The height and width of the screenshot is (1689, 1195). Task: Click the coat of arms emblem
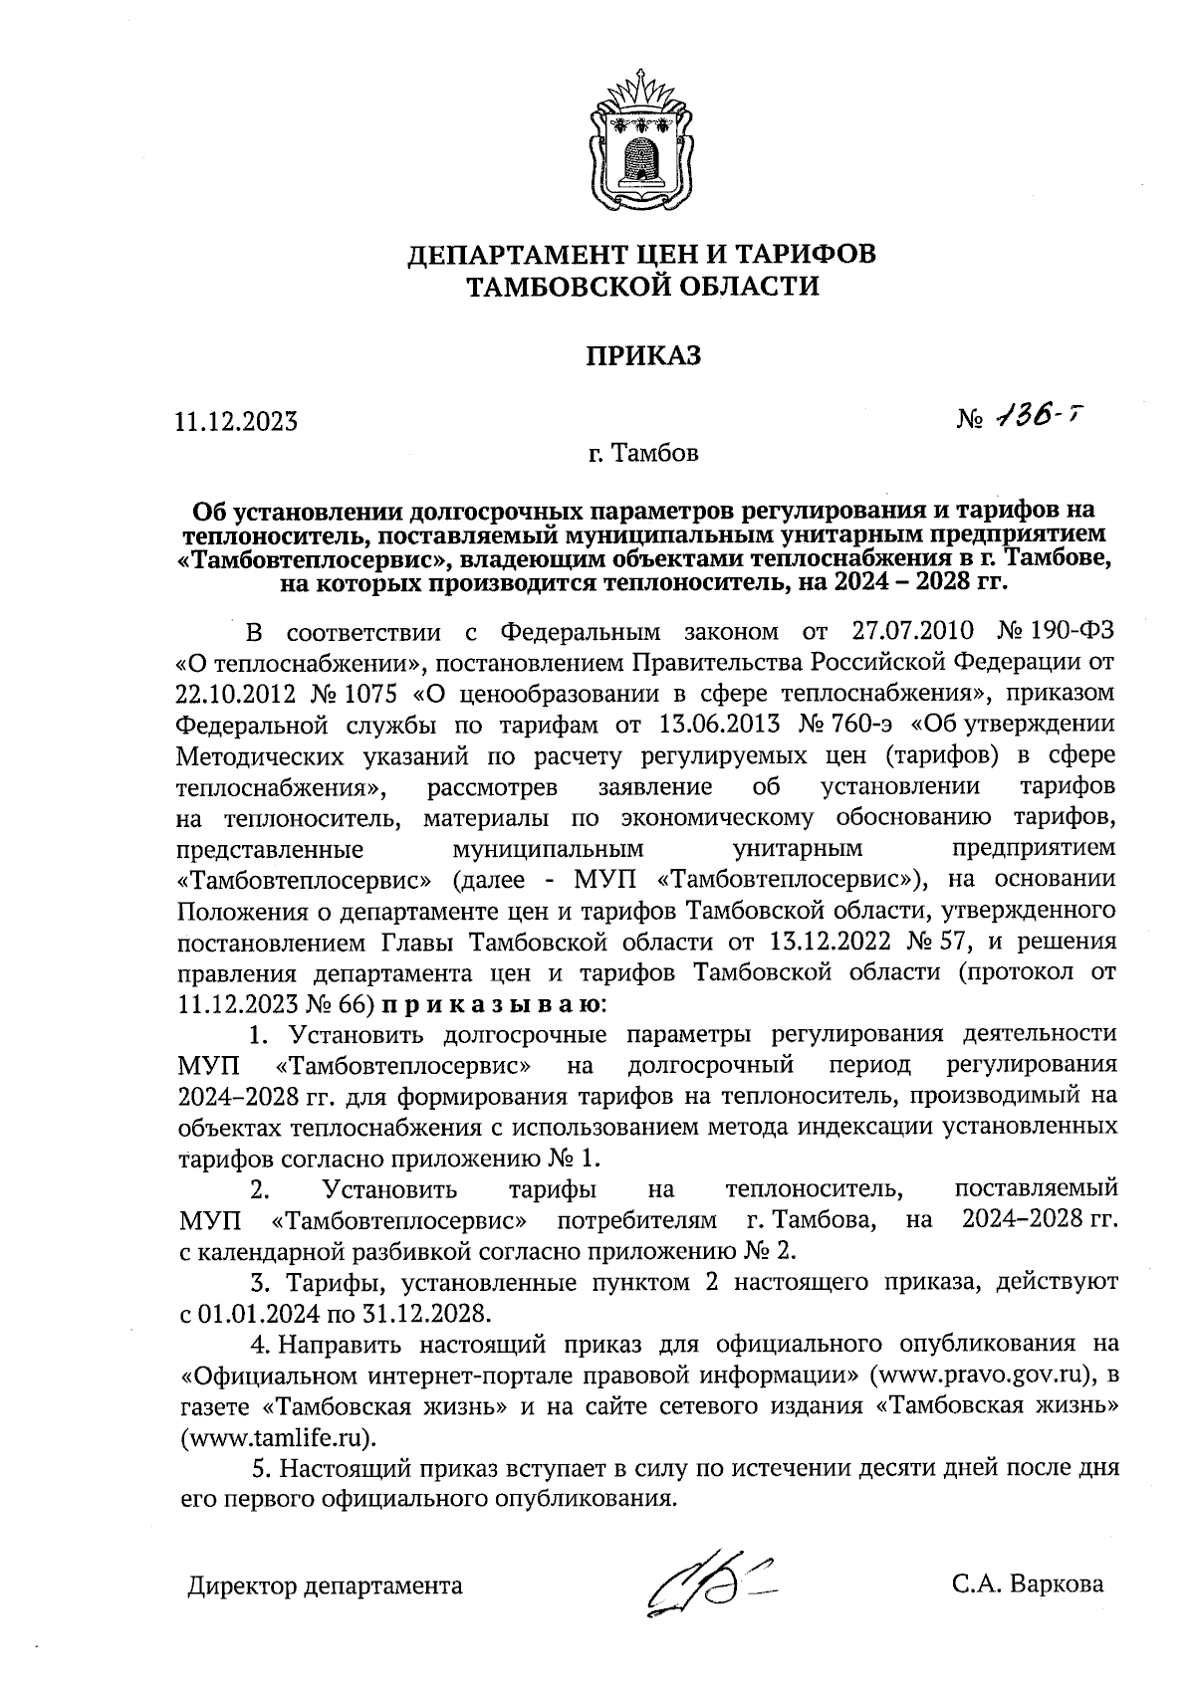[641, 133]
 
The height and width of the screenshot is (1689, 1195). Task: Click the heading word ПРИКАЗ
[642, 355]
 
